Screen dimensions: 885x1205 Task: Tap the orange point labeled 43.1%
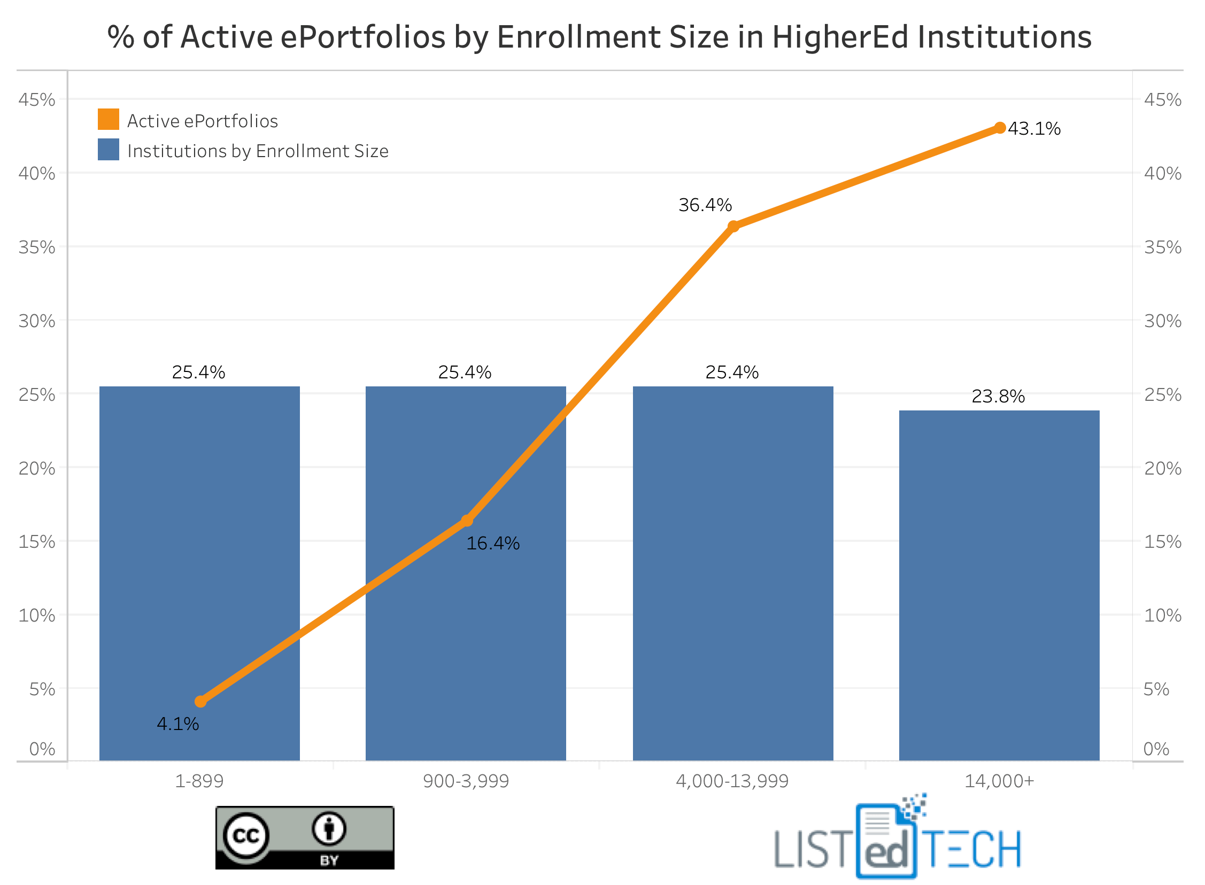[999, 128]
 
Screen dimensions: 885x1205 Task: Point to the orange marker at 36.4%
[733, 226]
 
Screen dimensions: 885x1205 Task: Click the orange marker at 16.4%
[467, 520]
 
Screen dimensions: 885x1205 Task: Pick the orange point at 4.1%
[200, 701]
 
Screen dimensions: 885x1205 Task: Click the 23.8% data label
[998, 397]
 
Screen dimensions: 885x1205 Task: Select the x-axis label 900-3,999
[466, 781]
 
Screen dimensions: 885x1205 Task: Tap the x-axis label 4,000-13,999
[732, 781]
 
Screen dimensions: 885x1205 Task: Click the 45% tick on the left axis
[36, 99]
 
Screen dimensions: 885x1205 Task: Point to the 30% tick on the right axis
[1162, 321]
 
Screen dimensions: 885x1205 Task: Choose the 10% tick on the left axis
[36, 615]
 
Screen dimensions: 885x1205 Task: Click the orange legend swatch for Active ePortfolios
[108, 119]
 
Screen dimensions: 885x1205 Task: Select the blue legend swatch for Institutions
[108, 150]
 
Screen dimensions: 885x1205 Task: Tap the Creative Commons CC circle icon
[246, 835]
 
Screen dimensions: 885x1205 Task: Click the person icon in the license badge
[329, 829]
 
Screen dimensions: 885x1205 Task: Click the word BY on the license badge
[329, 860]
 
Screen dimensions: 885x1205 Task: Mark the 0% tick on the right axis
[1156, 749]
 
